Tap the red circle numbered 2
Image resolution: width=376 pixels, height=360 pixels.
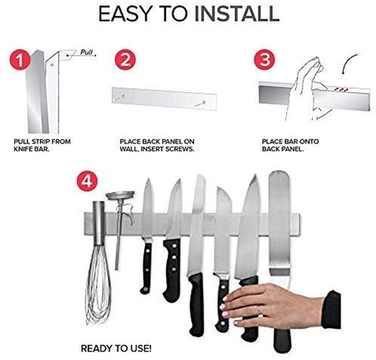pos(125,61)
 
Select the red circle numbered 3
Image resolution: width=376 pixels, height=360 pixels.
pos(266,61)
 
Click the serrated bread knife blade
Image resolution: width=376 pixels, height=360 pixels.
pos(221,235)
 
